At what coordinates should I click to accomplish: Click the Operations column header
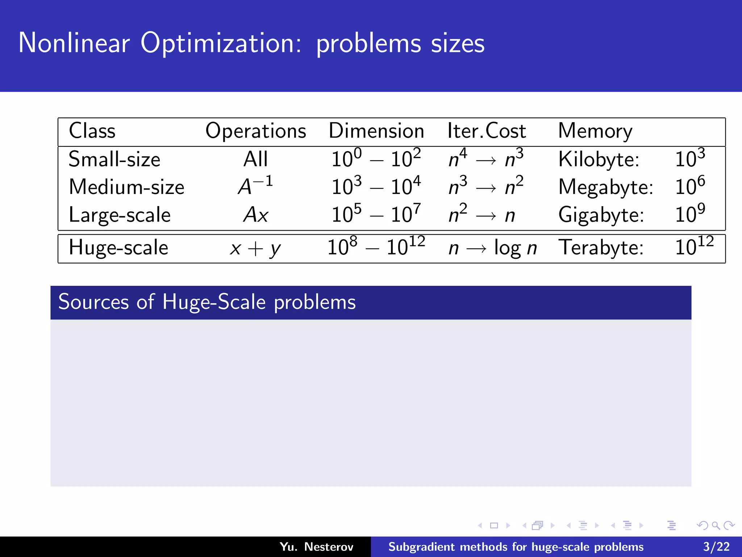click(x=255, y=131)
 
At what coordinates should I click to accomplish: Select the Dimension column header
click(x=376, y=131)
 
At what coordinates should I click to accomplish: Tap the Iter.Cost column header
click(x=486, y=131)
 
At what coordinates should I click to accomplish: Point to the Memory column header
click(x=595, y=131)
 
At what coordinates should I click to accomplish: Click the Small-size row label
click(x=114, y=159)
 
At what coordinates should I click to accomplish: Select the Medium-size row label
click(x=126, y=187)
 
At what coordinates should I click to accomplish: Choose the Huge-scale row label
click(x=118, y=248)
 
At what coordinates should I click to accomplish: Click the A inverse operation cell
click(x=255, y=186)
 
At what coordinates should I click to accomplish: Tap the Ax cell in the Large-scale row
click(x=255, y=215)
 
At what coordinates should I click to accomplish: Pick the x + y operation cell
click(x=255, y=249)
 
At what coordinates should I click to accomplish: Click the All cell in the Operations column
click(x=255, y=159)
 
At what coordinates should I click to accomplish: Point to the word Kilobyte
click(x=599, y=159)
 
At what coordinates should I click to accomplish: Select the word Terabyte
click(x=601, y=248)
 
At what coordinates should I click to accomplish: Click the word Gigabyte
click(x=601, y=215)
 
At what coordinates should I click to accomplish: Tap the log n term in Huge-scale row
click(x=515, y=249)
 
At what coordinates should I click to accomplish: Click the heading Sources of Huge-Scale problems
click(x=207, y=302)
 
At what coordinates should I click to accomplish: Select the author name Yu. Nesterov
click(x=316, y=546)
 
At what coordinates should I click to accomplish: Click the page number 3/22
click(x=716, y=546)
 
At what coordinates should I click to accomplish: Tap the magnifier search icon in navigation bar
click(x=716, y=525)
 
